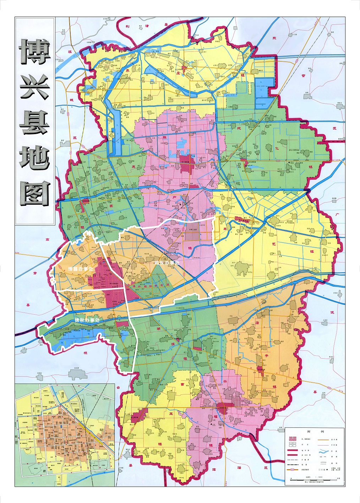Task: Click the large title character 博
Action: pyautogui.click(x=34, y=52)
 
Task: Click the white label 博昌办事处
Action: pyautogui.click(x=80, y=269)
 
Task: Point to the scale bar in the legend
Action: pyautogui.click(x=315, y=480)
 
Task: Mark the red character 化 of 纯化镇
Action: pyautogui.click(x=277, y=149)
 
